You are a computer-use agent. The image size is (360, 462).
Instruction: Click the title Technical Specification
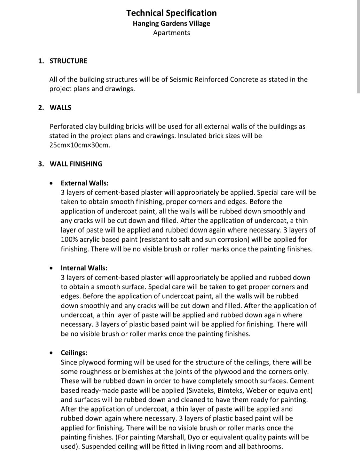tap(171, 13)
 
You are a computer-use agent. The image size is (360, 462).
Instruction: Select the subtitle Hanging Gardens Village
tap(171, 24)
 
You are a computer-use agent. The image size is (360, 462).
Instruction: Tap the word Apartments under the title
tap(171, 33)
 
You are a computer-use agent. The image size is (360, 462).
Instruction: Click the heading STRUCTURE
tap(68, 61)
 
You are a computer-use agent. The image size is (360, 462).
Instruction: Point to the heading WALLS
tap(60, 108)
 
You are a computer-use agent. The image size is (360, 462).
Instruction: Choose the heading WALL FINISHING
tap(76, 164)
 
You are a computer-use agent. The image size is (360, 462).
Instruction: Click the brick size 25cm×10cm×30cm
tap(79, 145)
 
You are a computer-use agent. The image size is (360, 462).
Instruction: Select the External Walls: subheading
tap(84, 183)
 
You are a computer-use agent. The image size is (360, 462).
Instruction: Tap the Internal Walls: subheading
tap(84, 268)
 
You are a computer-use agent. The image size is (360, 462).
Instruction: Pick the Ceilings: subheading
tap(74, 353)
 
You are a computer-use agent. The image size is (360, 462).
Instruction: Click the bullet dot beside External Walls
tap(51, 183)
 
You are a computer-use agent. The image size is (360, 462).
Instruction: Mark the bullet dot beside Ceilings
tap(51, 353)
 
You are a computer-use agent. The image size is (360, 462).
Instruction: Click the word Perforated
tap(66, 127)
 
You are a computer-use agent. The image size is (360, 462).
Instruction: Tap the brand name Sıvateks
tap(202, 390)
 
